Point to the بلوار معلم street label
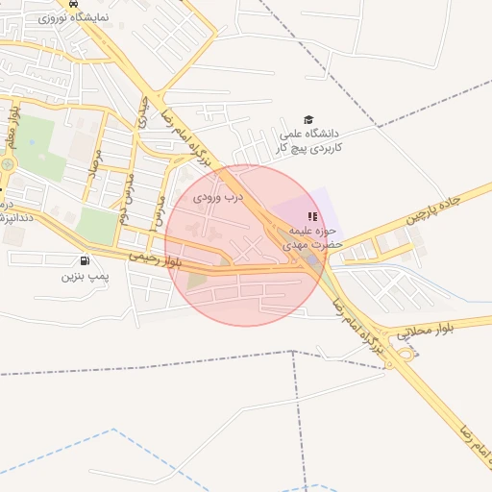[13, 126]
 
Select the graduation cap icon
[308, 119]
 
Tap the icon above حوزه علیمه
[309, 215]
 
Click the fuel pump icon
[87, 260]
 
